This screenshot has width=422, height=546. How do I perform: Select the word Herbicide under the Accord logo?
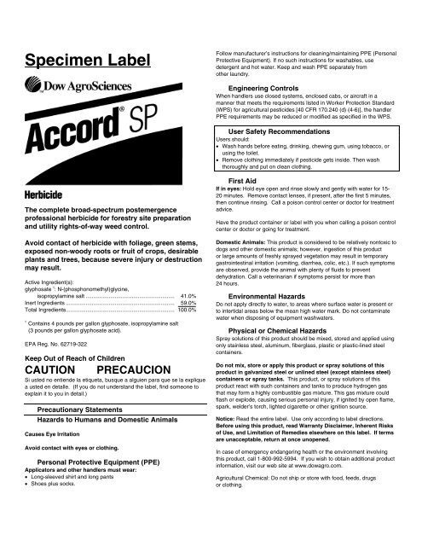(x=49, y=195)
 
